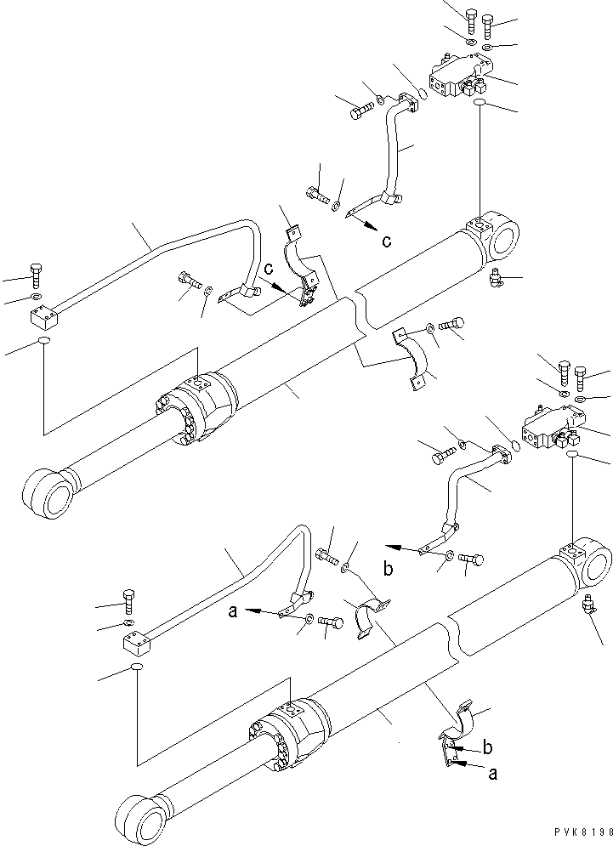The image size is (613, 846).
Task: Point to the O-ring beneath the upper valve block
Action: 480,103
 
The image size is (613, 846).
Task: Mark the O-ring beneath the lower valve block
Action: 572,457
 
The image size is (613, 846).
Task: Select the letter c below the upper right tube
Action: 386,241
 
